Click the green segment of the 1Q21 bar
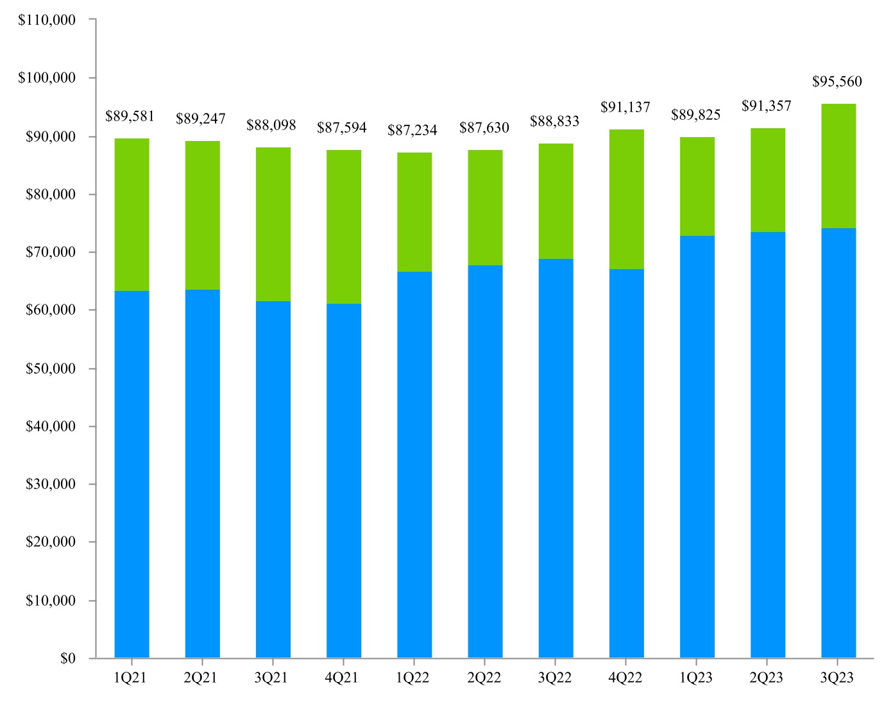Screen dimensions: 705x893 pos(132,215)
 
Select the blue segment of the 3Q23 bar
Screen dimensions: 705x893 pos(838,442)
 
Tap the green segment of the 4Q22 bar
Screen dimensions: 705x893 pos(626,199)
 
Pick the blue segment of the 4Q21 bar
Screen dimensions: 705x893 pos(343,481)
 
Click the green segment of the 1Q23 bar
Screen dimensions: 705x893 pos(697,187)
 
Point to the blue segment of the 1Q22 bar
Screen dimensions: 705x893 pos(414,465)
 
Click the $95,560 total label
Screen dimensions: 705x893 pos(837,81)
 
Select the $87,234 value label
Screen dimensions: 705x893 pos(412,130)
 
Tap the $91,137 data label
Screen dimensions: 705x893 pos(625,107)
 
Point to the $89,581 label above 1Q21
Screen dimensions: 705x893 pos(130,116)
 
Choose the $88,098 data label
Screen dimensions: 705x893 pos(271,125)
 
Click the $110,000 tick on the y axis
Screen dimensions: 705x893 pos(47,20)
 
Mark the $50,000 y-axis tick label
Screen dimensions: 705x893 pos(50,369)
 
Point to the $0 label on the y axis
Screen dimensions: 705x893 pos(67,658)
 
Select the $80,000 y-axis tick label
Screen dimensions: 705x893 pos(50,194)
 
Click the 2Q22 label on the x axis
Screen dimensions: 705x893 pos(484,678)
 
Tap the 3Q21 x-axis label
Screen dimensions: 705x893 pos(271,678)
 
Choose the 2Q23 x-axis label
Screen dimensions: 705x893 pos(767,678)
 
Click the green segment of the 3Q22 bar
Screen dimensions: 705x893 pos(556,201)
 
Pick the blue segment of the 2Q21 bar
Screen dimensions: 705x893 pos(202,474)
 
